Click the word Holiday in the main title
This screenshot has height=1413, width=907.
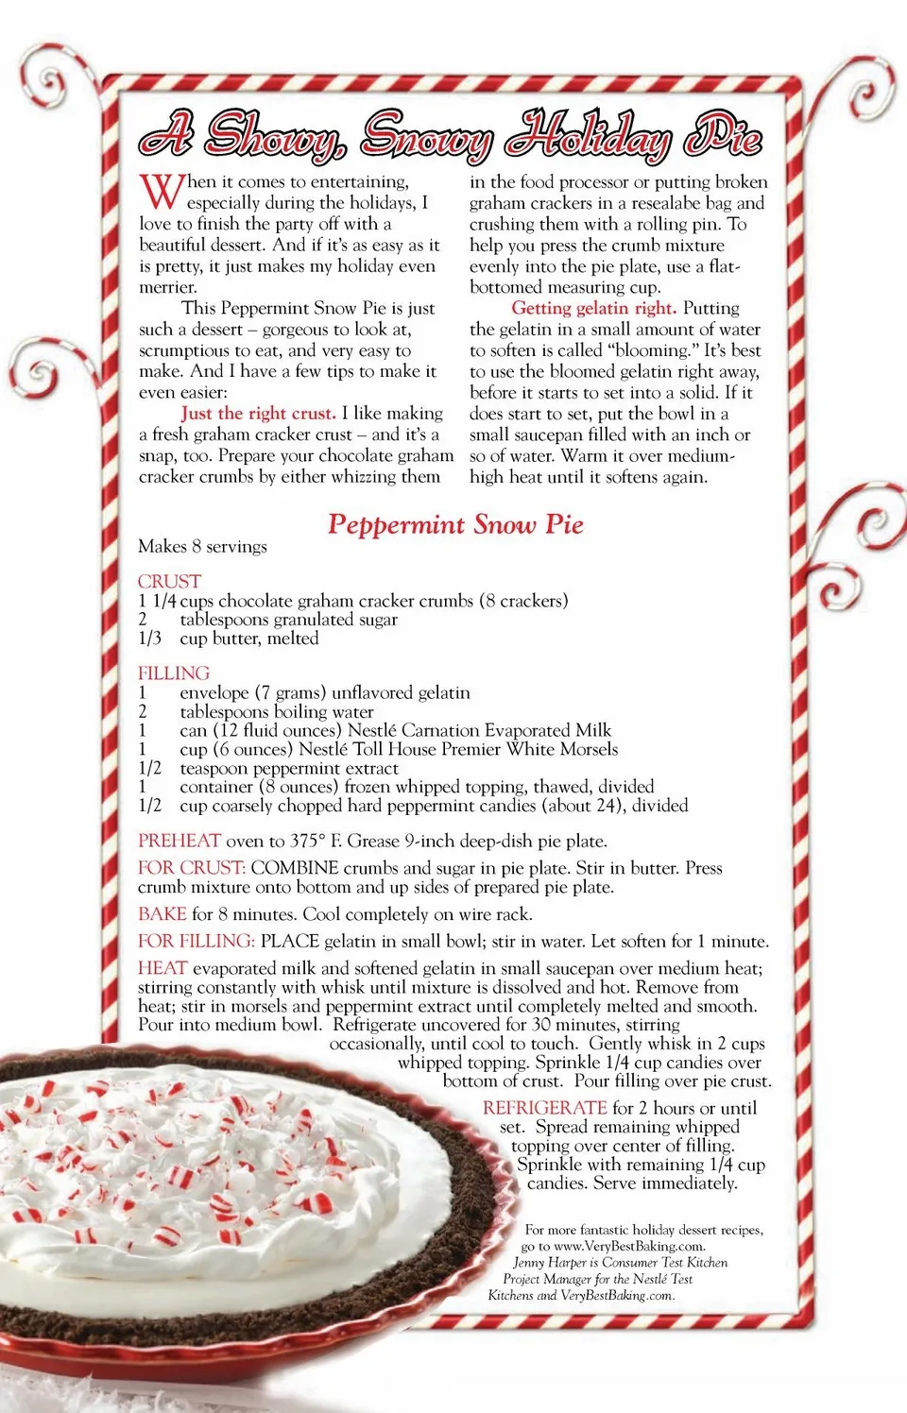[x=588, y=136]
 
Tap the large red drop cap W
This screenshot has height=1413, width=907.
[x=161, y=192]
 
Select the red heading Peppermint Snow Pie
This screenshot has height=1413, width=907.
[x=455, y=524]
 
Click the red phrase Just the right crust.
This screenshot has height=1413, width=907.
[x=259, y=413]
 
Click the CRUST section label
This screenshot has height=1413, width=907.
[x=170, y=581]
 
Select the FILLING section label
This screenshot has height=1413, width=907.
[x=174, y=672]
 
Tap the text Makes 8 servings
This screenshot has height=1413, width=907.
[x=202, y=546]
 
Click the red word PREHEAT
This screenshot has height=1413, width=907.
[x=180, y=841]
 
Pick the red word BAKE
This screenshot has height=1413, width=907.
[x=163, y=913]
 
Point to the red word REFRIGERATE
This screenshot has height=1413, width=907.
[x=544, y=1108]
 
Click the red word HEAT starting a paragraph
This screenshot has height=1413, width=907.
[x=163, y=968]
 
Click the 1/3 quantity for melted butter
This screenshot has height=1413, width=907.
[x=149, y=638]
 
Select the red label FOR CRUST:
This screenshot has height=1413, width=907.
[x=192, y=868]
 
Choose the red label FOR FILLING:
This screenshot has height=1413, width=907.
[x=197, y=941]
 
